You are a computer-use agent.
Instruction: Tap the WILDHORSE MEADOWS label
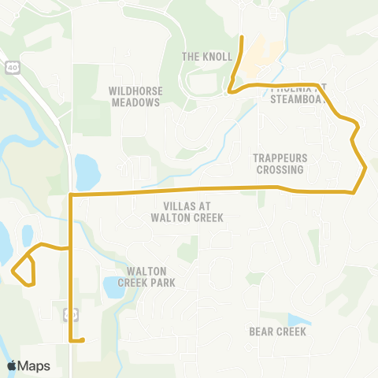click(135, 96)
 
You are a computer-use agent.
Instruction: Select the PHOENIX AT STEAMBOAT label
click(296, 94)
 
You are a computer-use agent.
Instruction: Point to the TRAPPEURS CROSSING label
click(278, 163)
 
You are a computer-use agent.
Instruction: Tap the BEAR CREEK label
click(277, 332)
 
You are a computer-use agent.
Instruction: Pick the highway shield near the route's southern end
click(69, 314)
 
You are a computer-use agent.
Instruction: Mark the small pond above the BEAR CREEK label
click(298, 320)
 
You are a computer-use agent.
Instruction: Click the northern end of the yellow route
click(241, 37)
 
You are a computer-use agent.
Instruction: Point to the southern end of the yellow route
click(82, 341)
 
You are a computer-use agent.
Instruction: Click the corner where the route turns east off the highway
click(72, 194)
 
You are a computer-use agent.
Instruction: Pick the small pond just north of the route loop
click(28, 235)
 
